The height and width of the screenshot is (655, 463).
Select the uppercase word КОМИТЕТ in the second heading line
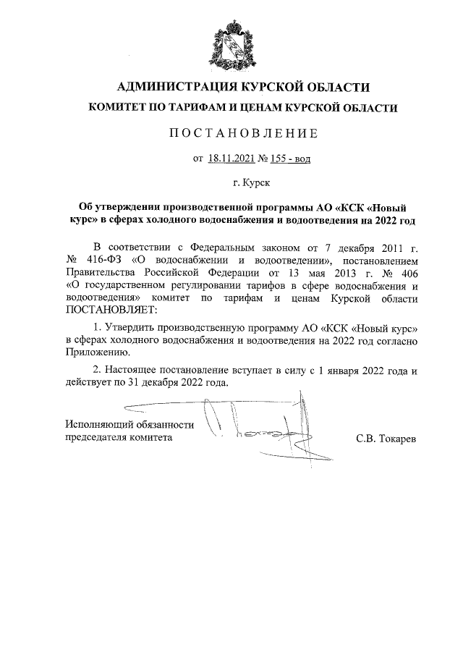tap(116, 108)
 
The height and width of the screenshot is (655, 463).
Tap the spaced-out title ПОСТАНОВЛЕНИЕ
tap(231, 134)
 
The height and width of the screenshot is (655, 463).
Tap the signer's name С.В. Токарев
tap(386, 438)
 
